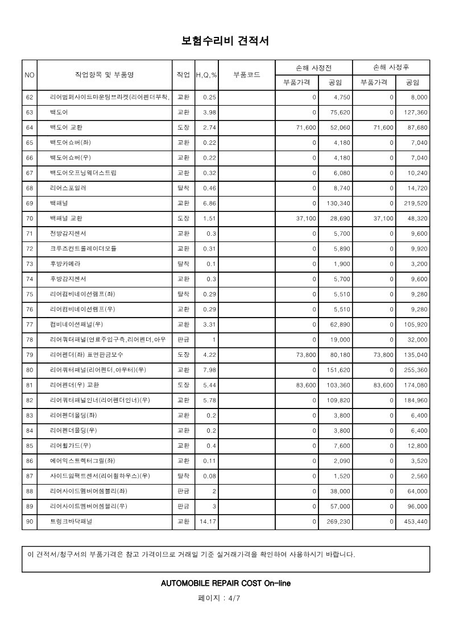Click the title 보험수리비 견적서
[225, 41]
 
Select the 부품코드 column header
[247, 74]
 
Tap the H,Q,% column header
[206, 75]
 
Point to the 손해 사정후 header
[391, 67]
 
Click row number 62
[30, 97]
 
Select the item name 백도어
[59, 112]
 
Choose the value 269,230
[337, 521]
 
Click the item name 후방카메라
[65, 264]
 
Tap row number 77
[30, 324]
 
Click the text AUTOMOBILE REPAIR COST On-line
[226, 583]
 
